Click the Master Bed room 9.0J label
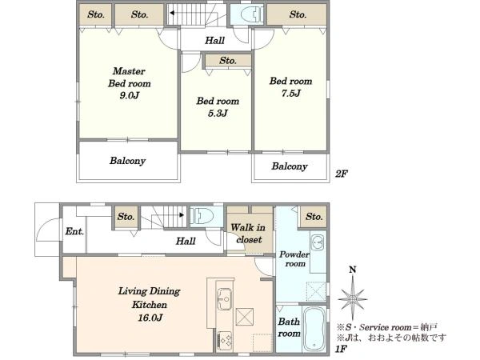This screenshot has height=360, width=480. coord(129,83)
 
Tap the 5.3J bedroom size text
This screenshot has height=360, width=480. coord(218,114)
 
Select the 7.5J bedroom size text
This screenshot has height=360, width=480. coord(291,93)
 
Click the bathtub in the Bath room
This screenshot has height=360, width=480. coord(314,329)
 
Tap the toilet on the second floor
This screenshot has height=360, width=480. coord(251,14)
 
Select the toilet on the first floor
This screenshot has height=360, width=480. coord(202,215)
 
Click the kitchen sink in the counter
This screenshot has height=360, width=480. coord(224,298)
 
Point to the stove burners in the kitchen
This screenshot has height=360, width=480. coord(225,342)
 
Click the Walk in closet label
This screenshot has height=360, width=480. coord(249,234)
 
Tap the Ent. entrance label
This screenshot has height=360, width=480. coord(74,231)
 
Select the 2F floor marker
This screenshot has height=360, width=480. coord(342,174)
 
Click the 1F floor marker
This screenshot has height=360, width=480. coord(341,348)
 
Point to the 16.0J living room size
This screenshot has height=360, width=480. coord(150,318)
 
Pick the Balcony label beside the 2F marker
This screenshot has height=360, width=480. coord(290,166)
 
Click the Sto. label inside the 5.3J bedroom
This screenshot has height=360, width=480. coord(228,61)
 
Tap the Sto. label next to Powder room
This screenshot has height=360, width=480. coord(314,217)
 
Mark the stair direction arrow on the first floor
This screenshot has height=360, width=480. coord(182,215)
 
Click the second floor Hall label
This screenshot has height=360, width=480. coord(214,41)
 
